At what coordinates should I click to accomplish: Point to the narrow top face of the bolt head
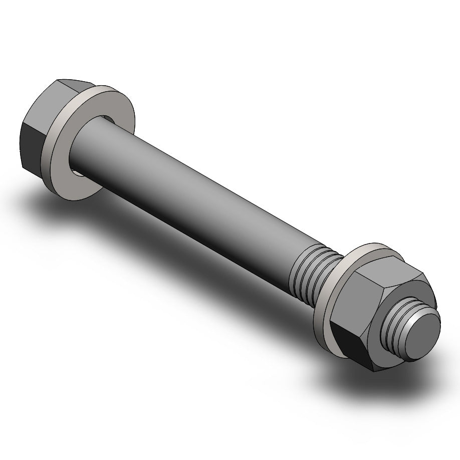75,85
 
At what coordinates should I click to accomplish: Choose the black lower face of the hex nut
351,346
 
